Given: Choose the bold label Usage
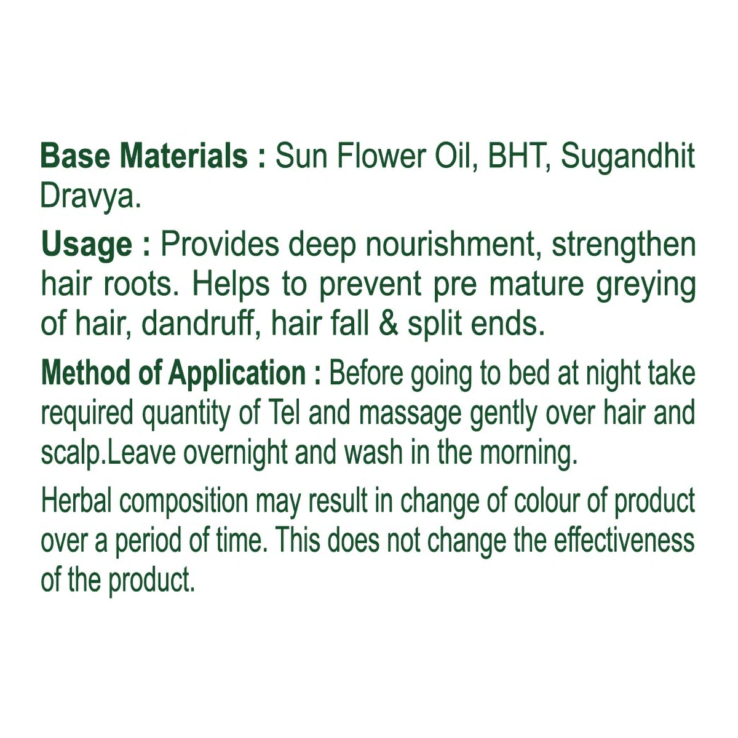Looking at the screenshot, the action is [x=87, y=246].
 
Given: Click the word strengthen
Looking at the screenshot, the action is [x=624, y=246].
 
